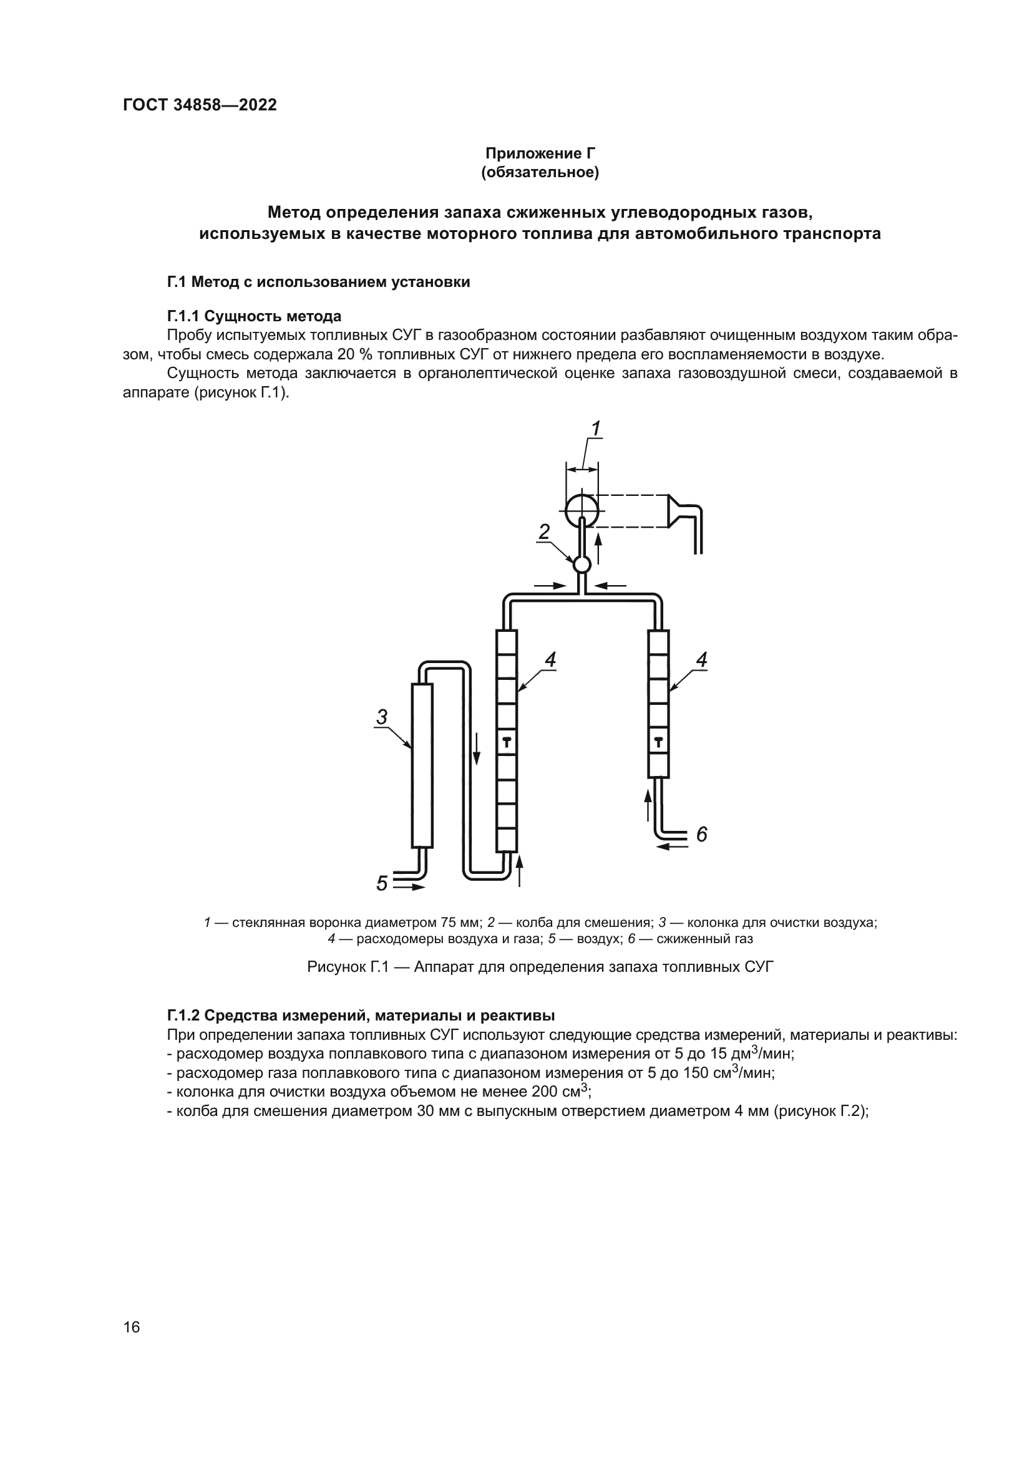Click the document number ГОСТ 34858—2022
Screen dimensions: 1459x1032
[200, 105]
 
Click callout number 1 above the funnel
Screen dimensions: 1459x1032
[595, 430]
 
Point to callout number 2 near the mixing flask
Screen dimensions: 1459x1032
[544, 532]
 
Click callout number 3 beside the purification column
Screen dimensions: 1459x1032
[381, 717]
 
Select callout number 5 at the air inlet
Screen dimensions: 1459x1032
[381, 883]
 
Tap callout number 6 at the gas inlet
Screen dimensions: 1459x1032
[701, 835]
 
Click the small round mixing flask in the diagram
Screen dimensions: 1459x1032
[582, 565]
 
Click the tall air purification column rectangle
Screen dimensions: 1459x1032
[422, 765]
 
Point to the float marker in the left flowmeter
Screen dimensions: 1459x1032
[507, 741]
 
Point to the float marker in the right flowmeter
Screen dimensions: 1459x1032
[658, 741]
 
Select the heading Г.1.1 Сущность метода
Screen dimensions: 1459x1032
[254, 316]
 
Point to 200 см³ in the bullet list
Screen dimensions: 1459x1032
[560, 1092]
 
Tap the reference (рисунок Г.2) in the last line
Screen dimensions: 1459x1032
[820, 1112]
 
